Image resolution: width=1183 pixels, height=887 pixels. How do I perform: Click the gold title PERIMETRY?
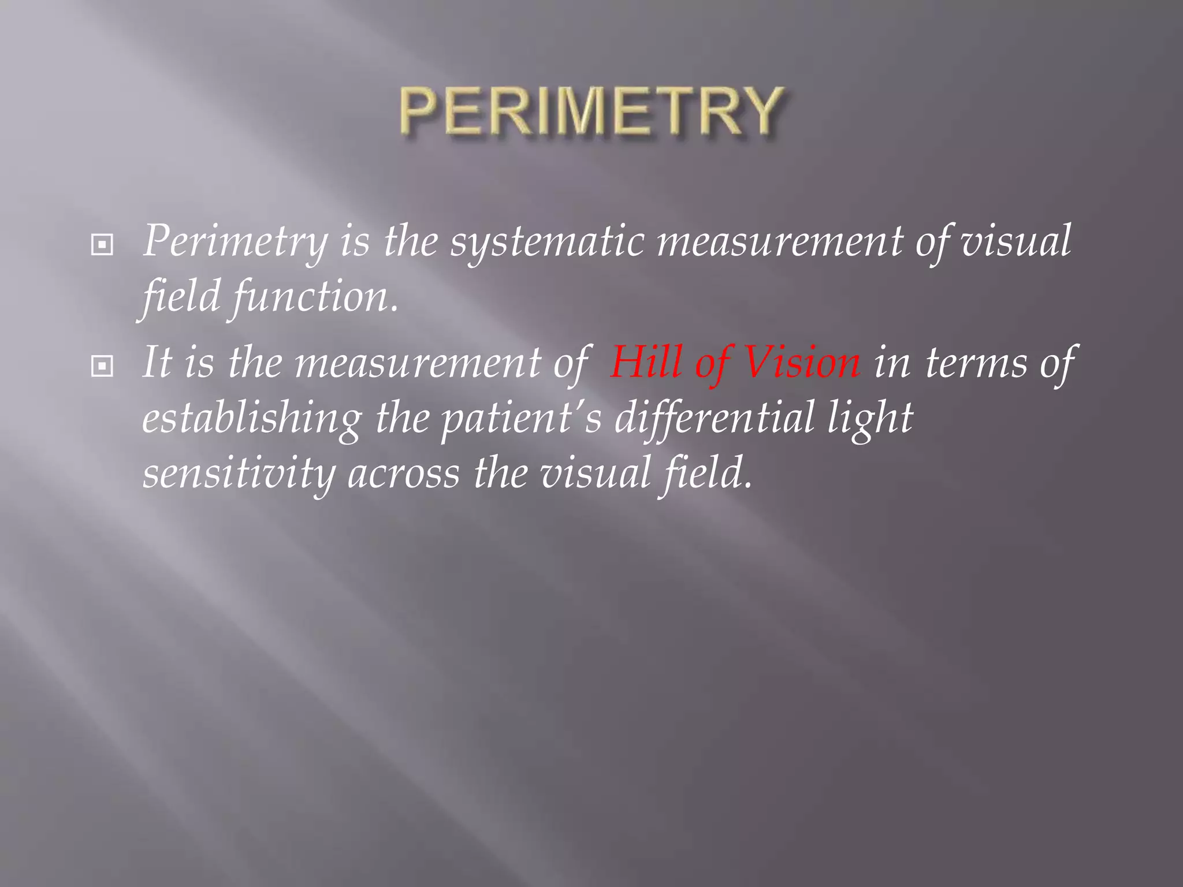tap(591, 112)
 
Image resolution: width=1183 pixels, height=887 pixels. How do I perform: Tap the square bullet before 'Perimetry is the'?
tap(102, 245)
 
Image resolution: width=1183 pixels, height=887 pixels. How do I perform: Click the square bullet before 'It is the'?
tap(102, 366)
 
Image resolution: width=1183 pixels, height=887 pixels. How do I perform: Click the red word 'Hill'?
tap(646, 363)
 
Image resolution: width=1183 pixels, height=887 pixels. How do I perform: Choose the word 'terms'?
tap(976, 363)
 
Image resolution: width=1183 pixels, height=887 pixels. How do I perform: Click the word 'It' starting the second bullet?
tap(157, 363)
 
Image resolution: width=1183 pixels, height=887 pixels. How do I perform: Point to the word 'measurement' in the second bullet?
tap(418, 363)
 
